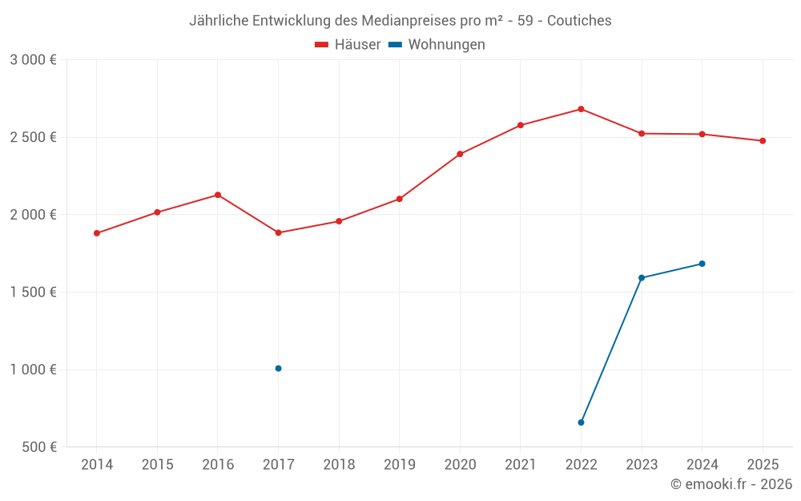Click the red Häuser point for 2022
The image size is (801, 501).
581,109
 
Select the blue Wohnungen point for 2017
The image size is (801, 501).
278,369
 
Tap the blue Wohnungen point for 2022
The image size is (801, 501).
581,422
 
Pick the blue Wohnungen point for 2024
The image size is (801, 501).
702,264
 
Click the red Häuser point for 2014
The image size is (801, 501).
97,233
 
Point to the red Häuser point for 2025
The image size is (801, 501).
763,141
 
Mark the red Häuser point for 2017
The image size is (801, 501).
278,233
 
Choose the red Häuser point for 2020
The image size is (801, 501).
460,154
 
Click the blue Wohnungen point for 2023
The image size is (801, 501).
642,278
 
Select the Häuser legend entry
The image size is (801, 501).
348,45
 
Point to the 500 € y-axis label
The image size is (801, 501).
38,447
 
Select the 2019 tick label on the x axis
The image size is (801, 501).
399,465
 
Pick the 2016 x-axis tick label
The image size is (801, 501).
218,465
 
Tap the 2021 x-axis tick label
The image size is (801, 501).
521,465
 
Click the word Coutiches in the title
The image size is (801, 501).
579,21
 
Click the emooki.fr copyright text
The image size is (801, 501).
731,484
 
